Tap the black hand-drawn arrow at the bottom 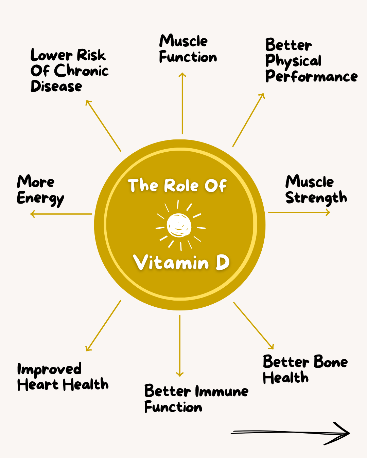(291, 433)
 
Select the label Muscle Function (188, 49)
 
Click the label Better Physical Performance (311, 61)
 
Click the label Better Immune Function (196, 399)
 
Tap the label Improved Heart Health (63, 377)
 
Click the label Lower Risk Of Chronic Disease (69, 71)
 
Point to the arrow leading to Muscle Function (182, 103)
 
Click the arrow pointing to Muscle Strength (299, 212)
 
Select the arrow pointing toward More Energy (61, 214)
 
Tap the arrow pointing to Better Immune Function (180, 346)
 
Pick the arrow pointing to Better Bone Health (254, 325)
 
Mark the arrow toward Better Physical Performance (248, 120)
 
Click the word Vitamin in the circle (171, 263)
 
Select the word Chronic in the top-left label (81, 71)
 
